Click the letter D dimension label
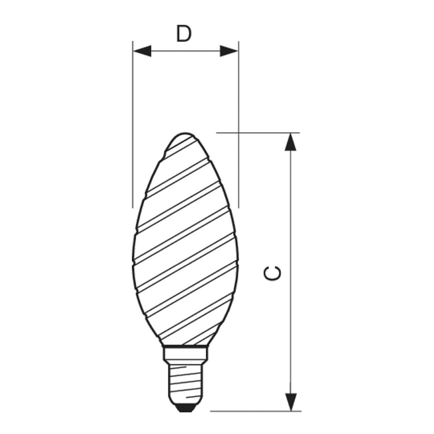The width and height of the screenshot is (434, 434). click(x=184, y=33)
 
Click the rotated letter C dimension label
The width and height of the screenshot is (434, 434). click(x=273, y=273)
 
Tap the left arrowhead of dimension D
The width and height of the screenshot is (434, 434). click(x=142, y=51)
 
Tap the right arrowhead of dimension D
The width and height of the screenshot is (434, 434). click(x=229, y=51)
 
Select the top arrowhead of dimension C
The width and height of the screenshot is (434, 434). click(x=290, y=142)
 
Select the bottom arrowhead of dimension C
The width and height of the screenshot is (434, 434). click(x=290, y=402)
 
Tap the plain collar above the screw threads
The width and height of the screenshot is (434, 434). click(x=185, y=354)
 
